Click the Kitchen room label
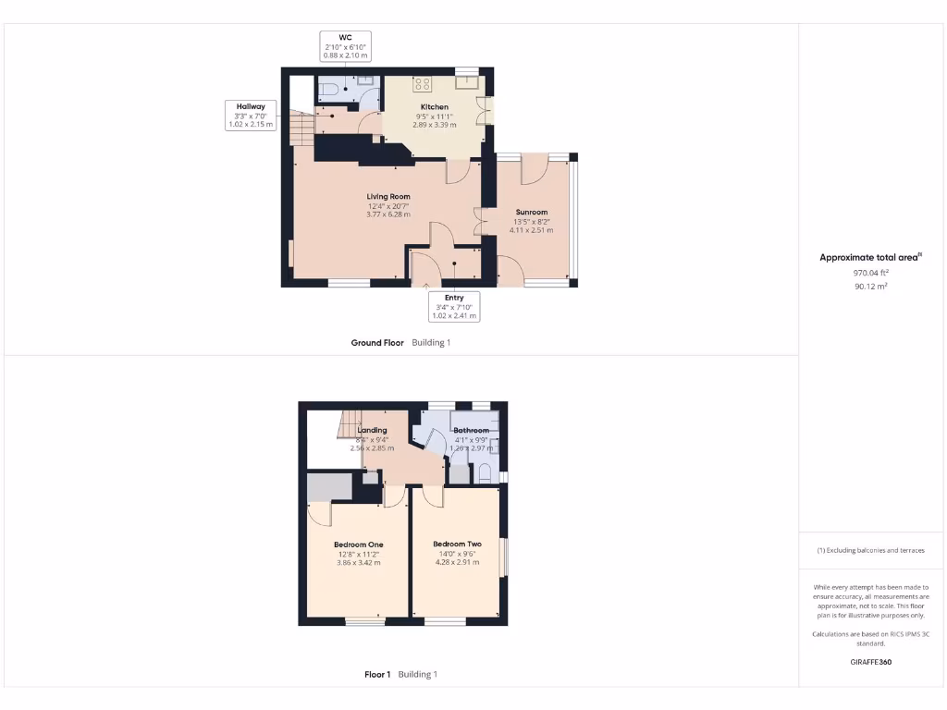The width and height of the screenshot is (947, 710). coord(434,108)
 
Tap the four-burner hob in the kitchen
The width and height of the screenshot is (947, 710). coord(423,84)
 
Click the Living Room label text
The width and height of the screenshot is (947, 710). coord(387,196)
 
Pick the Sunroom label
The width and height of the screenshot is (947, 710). coord(532,213)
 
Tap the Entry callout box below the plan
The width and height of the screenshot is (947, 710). coord(454,306)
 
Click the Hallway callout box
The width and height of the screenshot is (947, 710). coord(251,116)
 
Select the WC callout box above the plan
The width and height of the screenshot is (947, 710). coord(345,46)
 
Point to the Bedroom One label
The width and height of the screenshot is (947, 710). coord(358,545)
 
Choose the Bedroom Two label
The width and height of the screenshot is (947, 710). coord(457,544)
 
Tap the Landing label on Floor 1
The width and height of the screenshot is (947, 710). coord(372,430)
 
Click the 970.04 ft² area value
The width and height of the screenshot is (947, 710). coord(870,273)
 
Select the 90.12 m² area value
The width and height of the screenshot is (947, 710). coord(870,287)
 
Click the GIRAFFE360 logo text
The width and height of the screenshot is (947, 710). coord(870,662)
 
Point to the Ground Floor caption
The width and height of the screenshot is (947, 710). coord(377,342)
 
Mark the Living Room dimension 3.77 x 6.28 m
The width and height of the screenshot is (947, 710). coord(387,214)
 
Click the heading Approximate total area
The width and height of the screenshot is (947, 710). coord(868,258)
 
